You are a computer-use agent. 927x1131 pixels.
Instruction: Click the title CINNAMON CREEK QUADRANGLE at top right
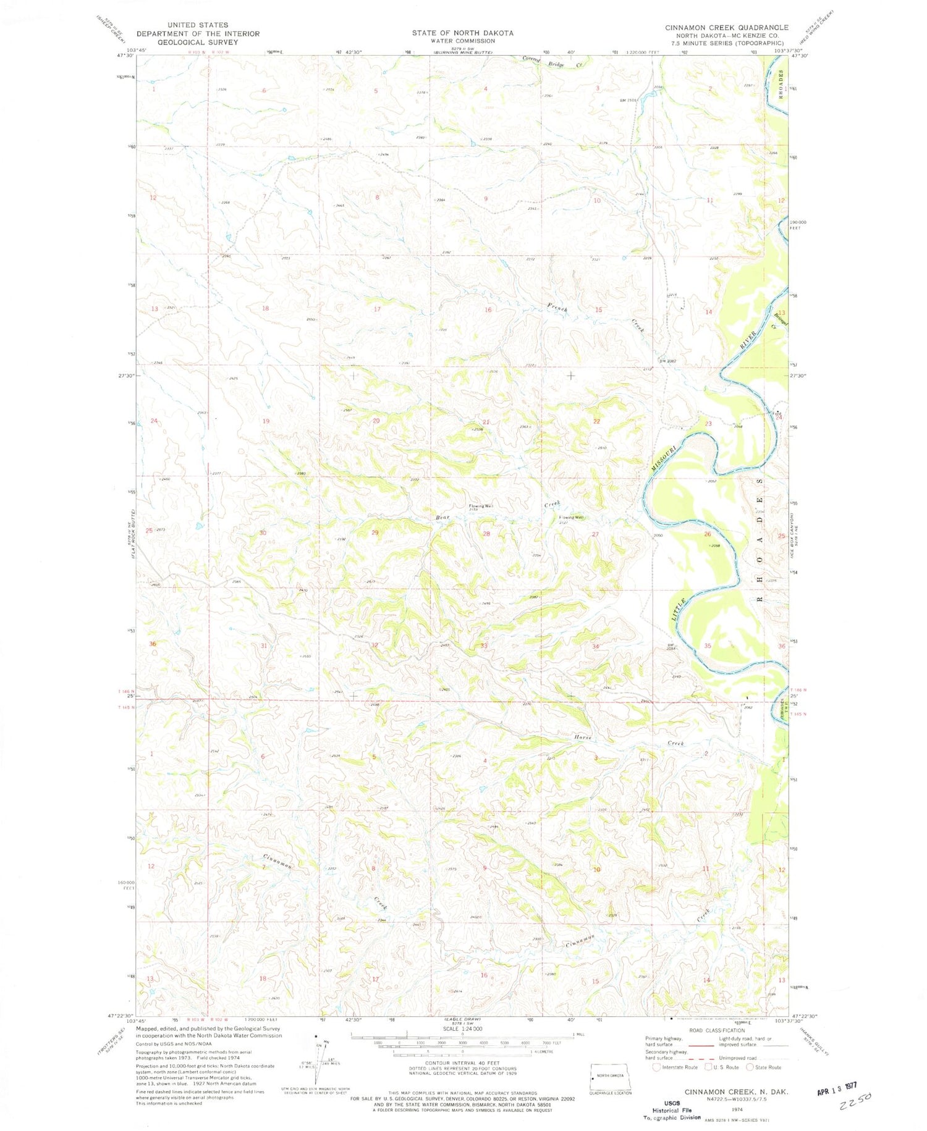click(x=726, y=28)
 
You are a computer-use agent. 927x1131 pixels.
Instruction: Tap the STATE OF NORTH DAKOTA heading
click(x=463, y=33)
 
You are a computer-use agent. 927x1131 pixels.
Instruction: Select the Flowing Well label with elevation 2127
click(x=571, y=519)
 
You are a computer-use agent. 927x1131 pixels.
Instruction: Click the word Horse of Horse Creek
click(x=583, y=738)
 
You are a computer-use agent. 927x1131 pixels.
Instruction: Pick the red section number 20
click(x=376, y=421)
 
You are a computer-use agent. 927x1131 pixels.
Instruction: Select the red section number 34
click(x=596, y=646)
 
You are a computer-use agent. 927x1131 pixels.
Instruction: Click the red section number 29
click(x=375, y=532)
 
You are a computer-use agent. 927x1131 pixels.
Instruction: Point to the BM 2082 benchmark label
click(x=667, y=361)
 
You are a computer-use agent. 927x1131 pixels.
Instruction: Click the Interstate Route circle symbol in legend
click(x=656, y=1067)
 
